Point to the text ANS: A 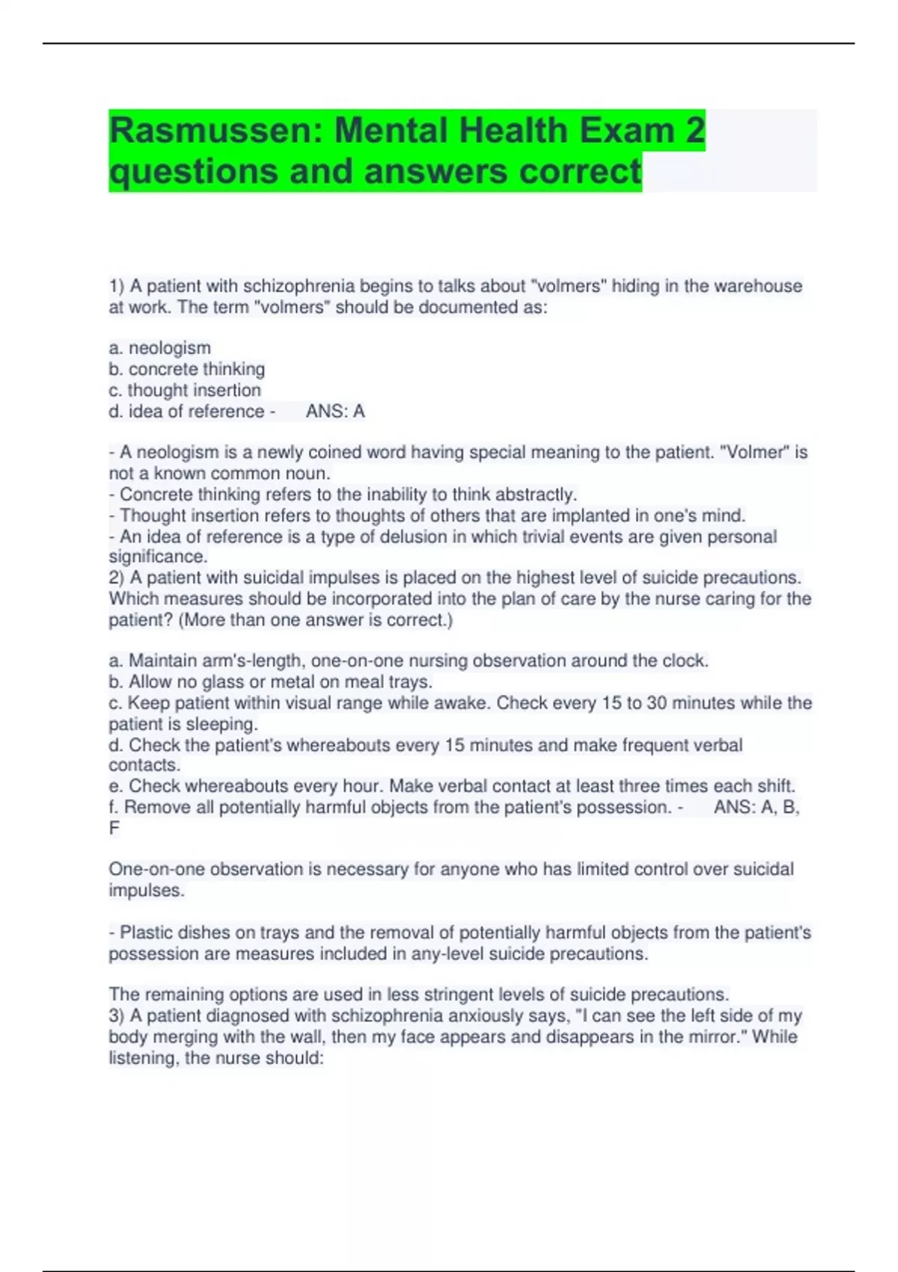point(335,412)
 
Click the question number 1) point(116,286)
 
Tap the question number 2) point(116,578)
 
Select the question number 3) point(116,1015)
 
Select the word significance point(157,557)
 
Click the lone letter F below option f point(114,828)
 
